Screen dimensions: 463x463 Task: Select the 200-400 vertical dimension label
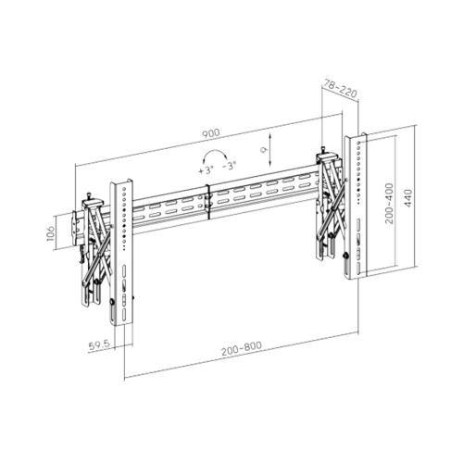pos(387,212)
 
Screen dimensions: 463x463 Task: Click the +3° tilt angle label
pos(206,170)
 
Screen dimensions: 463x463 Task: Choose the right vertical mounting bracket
pos(355,208)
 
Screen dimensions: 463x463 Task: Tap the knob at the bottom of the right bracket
pos(345,258)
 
